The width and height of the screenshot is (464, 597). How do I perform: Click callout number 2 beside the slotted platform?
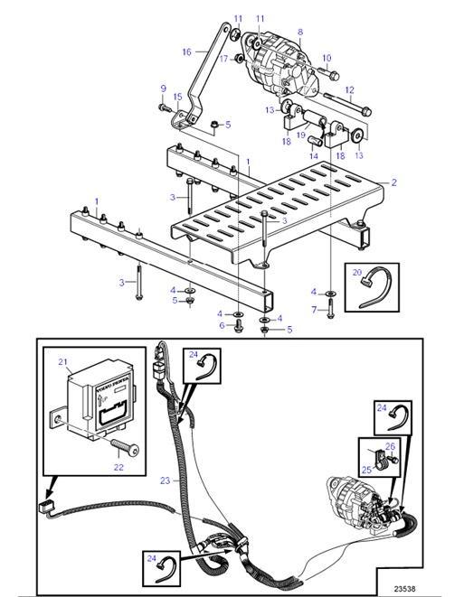[393, 182]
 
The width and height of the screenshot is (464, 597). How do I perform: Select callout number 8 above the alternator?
[299, 32]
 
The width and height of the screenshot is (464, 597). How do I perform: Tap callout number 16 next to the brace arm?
[187, 51]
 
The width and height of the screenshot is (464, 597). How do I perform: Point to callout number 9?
[164, 88]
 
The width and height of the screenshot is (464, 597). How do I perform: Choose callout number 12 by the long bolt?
[349, 89]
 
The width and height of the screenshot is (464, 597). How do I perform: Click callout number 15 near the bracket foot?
[178, 97]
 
